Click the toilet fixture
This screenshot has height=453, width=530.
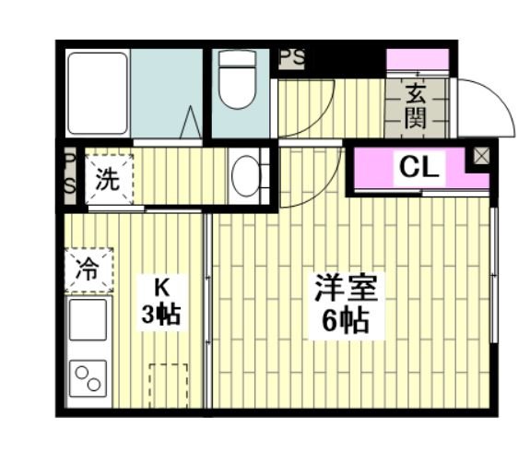pos(237,80)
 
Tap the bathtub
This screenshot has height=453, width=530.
pos(98,93)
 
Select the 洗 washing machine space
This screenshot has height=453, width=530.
pos(109,179)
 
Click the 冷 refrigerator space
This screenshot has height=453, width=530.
pos(88,270)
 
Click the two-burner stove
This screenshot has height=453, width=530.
pos(88,378)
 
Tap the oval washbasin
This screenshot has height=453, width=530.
pos(246,176)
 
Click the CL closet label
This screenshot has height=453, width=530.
pos(419,167)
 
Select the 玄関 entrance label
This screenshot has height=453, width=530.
pos(416,106)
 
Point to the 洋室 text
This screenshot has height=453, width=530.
pos(347,288)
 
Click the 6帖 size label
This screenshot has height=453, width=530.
pos(345,320)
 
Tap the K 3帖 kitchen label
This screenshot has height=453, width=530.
pos(161,303)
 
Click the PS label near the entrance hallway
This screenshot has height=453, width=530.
pos(292,58)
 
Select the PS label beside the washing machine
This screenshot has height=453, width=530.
pos(70,175)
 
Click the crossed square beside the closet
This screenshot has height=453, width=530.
pos(480,156)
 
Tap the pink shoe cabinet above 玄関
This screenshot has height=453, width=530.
pos(418,60)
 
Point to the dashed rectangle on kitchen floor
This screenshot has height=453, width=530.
pos(169,386)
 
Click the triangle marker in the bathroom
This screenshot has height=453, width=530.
pos(191,122)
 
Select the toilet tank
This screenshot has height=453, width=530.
pos(237,58)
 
